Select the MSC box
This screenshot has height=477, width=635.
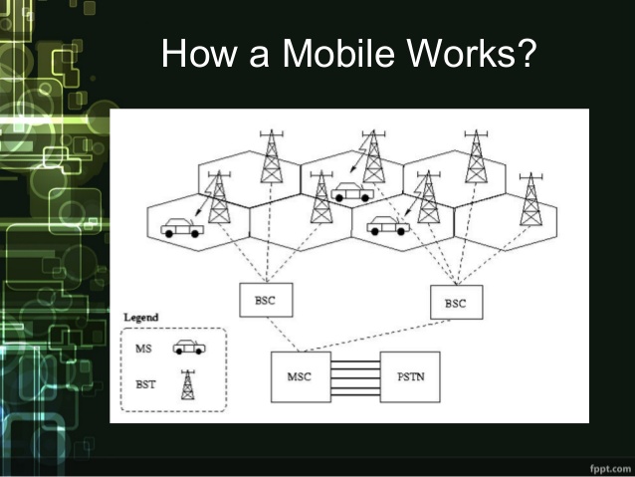pyautogui.click(x=299, y=376)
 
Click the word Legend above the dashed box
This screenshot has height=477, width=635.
pyautogui.click(x=140, y=318)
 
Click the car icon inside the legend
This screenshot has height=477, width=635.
pyautogui.click(x=188, y=348)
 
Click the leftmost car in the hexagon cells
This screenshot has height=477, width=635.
pyautogui.click(x=181, y=228)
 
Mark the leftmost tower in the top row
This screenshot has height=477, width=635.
pyautogui.click(x=271, y=157)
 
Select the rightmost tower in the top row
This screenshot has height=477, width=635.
pyautogui.click(x=476, y=157)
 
